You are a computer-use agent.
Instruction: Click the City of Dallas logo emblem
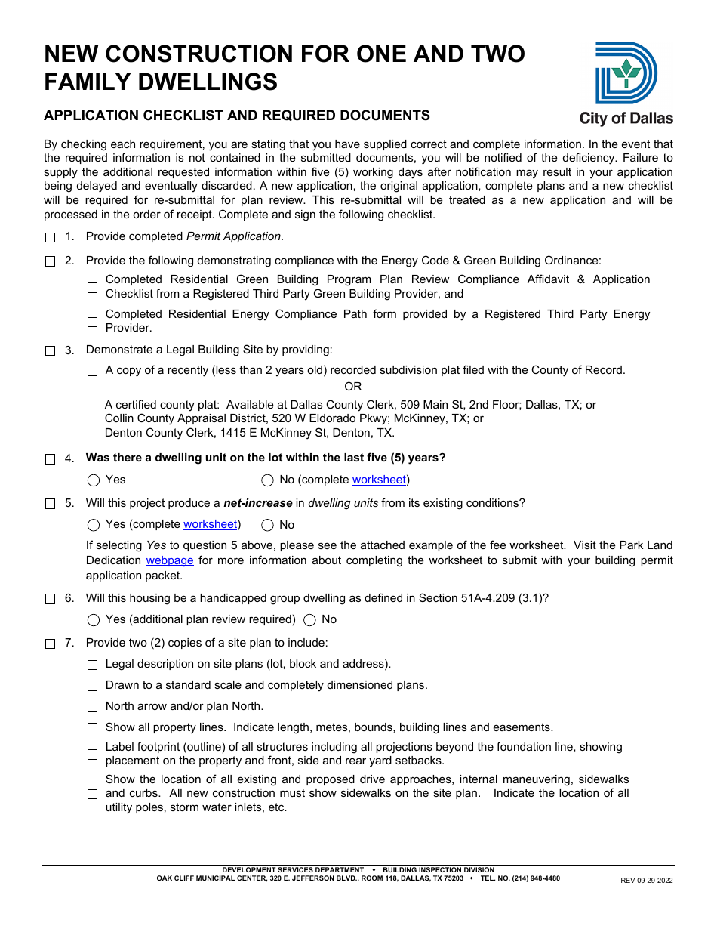click(x=626, y=73)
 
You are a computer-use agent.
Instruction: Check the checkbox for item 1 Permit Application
click(x=51, y=237)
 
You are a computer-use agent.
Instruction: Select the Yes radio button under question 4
click(x=94, y=480)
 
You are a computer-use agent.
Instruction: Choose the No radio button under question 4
click(x=267, y=480)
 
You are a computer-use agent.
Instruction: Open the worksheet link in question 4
click(x=379, y=480)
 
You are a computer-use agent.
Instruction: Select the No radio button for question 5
click(x=267, y=525)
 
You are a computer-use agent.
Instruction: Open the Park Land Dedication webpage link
click(x=170, y=560)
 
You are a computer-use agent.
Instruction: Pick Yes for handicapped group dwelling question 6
click(x=94, y=620)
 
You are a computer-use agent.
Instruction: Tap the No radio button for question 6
click(x=309, y=620)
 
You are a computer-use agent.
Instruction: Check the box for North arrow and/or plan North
click(x=93, y=707)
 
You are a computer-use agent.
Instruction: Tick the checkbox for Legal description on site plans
click(x=93, y=665)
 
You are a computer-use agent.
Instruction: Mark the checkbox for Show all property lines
click(x=93, y=728)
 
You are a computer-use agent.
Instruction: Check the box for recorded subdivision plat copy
click(x=93, y=371)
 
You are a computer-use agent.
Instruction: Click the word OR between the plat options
click(x=353, y=387)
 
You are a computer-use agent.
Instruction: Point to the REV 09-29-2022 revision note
click(x=646, y=880)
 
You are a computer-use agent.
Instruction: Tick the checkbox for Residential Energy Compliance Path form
click(x=93, y=322)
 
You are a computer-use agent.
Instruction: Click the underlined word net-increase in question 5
click(x=257, y=503)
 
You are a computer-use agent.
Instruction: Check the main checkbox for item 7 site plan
click(x=51, y=644)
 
